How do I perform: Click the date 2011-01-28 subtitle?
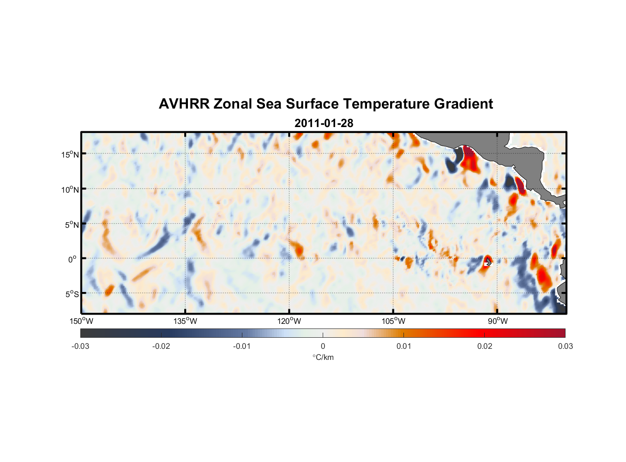click(x=324, y=123)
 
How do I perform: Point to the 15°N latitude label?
click(x=70, y=154)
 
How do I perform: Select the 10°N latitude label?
click(x=70, y=189)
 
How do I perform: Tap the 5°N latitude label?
click(x=72, y=225)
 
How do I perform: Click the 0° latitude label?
click(x=72, y=260)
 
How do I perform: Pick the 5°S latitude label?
click(x=72, y=294)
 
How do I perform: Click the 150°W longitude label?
click(x=81, y=321)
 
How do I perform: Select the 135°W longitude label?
click(x=185, y=321)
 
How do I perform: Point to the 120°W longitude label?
click(x=289, y=321)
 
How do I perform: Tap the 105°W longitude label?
click(x=393, y=321)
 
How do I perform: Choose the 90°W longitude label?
click(x=498, y=321)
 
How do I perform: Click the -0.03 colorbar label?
click(x=80, y=346)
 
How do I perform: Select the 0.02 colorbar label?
click(x=485, y=346)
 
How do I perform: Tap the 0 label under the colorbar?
click(x=323, y=346)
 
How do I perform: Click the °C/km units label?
click(x=323, y=357)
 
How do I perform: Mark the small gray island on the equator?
click(x=488, y=262)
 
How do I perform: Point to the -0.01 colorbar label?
click(x=242, y=346)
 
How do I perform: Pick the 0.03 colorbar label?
click(x=565, y=346)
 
